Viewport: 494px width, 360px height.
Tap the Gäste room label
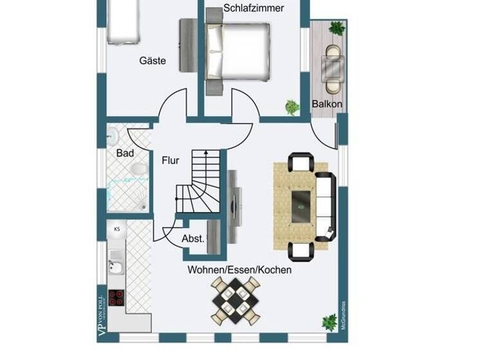152,61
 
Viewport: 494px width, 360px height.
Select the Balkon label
327,104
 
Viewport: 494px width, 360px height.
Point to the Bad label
125,154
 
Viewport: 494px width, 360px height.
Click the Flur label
170,161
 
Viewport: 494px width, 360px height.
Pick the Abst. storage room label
193,239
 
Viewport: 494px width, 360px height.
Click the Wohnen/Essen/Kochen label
239,270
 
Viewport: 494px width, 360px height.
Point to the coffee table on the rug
301,207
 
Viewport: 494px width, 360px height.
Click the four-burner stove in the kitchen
116,298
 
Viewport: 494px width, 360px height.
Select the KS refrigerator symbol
117,229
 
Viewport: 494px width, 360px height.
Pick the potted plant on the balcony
335,27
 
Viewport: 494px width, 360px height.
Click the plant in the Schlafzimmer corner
292,107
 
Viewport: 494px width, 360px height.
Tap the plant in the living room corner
329,320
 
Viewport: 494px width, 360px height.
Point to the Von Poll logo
100,312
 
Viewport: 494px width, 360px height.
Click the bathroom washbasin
112,135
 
